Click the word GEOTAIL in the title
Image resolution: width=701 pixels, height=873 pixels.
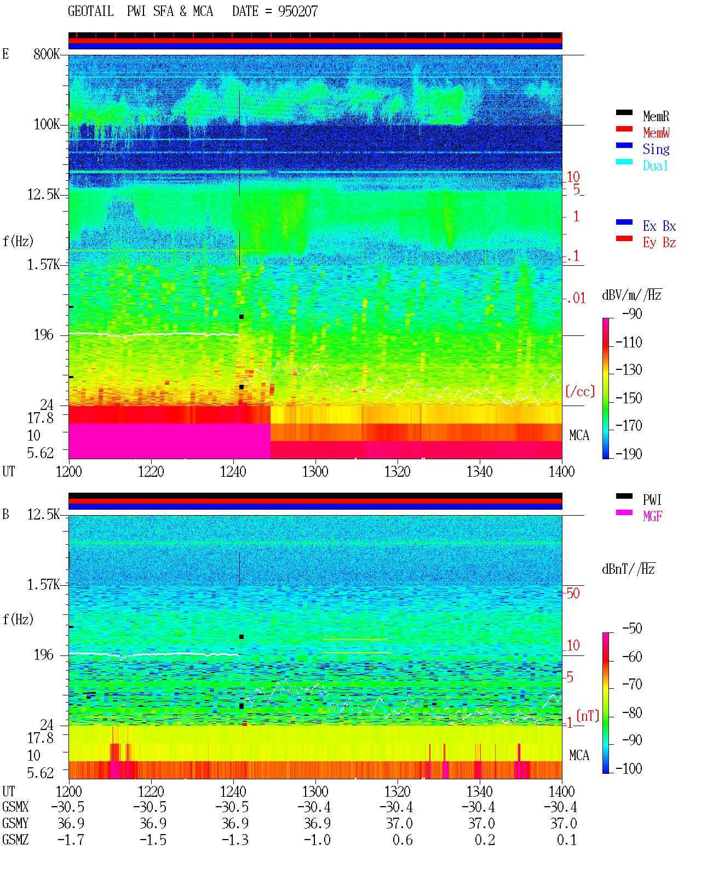pyautogui.click(x=91, y=12)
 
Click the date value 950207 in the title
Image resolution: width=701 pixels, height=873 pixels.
pyautogui.click(x=297, y=12)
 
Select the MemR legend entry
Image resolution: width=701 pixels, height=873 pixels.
pyautogui.click(x=656, y=116)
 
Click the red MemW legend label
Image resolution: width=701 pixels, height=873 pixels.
pyautogui.click(x=656, y=133)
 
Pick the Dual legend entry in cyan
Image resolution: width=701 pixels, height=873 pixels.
pyautogui.click(x=655, y=166)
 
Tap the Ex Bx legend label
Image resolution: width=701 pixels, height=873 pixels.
pyautogui.click(x=659, y=226)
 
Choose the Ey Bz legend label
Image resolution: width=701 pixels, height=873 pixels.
pyautogui.click(x=659, y=242)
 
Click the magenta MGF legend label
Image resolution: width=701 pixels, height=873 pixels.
pyautogui.click(x=652, y=516)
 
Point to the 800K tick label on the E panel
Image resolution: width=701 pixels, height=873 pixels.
pyautogui.click(x=47, y=54)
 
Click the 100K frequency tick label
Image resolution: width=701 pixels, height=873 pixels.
pyautogui.click(x=47, y=124)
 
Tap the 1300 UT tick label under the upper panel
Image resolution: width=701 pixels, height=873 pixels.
pyautogui.click(x=315, y=471)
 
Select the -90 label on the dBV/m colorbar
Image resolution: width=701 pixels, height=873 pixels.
pyautogui.click(x=632, y=313)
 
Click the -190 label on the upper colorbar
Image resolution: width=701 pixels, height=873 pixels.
pyautogui.click(x=629, y=454)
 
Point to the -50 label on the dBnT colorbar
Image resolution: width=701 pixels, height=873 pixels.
pyautogui.click(x=632, y=628)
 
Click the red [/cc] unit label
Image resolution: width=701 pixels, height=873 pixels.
pyautogui.click(x=580, y=391)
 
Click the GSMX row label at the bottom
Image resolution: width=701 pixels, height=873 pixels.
pyautogui.click(x=15, y=807)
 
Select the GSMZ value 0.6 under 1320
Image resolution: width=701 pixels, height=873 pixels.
pyautogui.click(x=402, y=840)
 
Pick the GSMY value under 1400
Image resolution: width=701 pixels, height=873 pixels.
pyautogui.click(x=563, y=823)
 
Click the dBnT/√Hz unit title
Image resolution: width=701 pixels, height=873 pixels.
pyautogui.click(x=628, y=569)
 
